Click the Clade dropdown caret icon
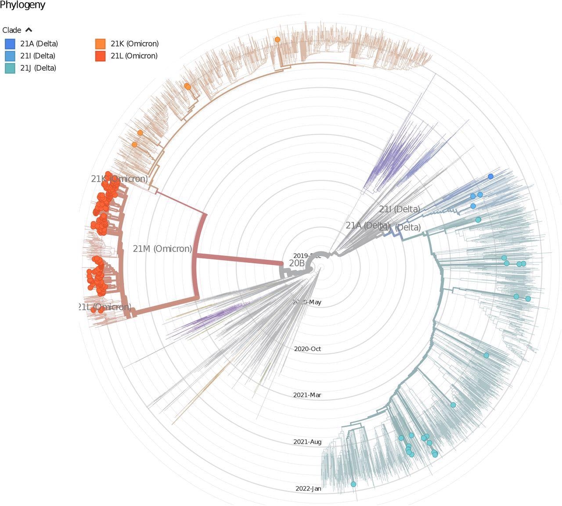29,30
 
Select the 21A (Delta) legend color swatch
10,44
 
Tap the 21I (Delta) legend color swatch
10,56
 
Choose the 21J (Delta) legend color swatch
10,68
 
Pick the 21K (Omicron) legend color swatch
100,44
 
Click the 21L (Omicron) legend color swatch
100,56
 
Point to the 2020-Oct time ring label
307,349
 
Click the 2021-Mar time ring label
307,395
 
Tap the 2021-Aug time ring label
307,442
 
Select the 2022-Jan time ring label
308,489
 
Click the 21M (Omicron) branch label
162,249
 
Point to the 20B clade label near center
297,263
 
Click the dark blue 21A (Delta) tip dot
491,176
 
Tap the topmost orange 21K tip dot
277,39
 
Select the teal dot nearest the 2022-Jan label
353,484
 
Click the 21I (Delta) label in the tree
399,209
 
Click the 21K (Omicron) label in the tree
119,179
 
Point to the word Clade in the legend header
12,30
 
